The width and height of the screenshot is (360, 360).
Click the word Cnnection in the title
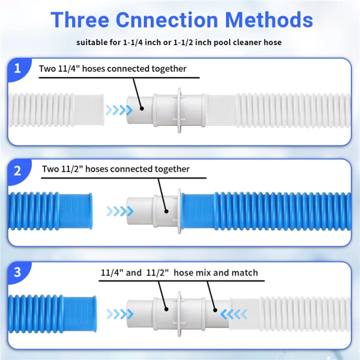coord(166,19)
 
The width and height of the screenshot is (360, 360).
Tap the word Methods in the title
coord(269,19)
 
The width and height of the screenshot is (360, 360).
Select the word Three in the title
coord(80,19)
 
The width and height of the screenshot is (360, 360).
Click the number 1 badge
coord(17,68)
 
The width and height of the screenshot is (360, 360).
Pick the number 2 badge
coord(17,171)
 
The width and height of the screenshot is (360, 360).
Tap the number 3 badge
coord(17,272)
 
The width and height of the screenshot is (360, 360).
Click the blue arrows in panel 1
coord(119,110)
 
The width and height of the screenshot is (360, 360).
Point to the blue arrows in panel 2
coord(120,211)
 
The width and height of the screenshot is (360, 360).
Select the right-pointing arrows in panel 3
coord(120,314)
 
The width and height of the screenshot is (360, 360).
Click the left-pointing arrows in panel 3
coord(233,314)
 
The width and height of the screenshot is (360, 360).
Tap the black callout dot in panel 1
coord(142,108)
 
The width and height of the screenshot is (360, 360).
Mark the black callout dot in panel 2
coord(166,211)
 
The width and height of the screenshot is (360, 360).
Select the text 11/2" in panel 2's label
coord(72,169)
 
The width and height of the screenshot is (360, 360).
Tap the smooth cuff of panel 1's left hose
coord(89,110)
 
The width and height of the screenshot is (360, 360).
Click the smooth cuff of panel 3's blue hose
coord(79,314)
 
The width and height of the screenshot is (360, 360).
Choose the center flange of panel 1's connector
coord(179,110)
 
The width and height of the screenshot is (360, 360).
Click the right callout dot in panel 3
coord(215,310)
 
